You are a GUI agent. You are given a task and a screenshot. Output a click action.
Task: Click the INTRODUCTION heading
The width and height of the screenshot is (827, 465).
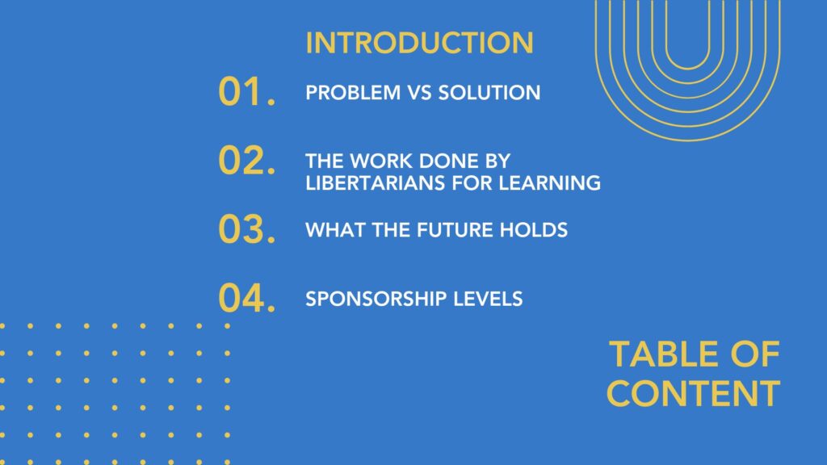tap(419, 43)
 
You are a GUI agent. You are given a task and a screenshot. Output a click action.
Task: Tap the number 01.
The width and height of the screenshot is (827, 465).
tap(247, 92)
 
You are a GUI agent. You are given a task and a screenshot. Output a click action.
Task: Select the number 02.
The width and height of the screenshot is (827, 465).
tap(247, 161)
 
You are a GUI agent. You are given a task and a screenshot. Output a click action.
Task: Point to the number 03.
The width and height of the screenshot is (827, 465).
tap(247, 229)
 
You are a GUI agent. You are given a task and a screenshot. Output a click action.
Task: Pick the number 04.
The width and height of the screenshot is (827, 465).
tap(247, 298)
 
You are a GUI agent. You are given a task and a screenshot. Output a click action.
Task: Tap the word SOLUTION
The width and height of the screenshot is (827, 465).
tap(489, 93)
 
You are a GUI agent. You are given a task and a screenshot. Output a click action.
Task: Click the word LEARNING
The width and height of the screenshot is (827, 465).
tap(549, 183)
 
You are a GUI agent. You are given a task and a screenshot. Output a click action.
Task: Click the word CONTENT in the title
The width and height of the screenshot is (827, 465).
tap(693, 393)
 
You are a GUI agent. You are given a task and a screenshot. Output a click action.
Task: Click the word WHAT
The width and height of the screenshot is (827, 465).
tap(335, 230)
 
